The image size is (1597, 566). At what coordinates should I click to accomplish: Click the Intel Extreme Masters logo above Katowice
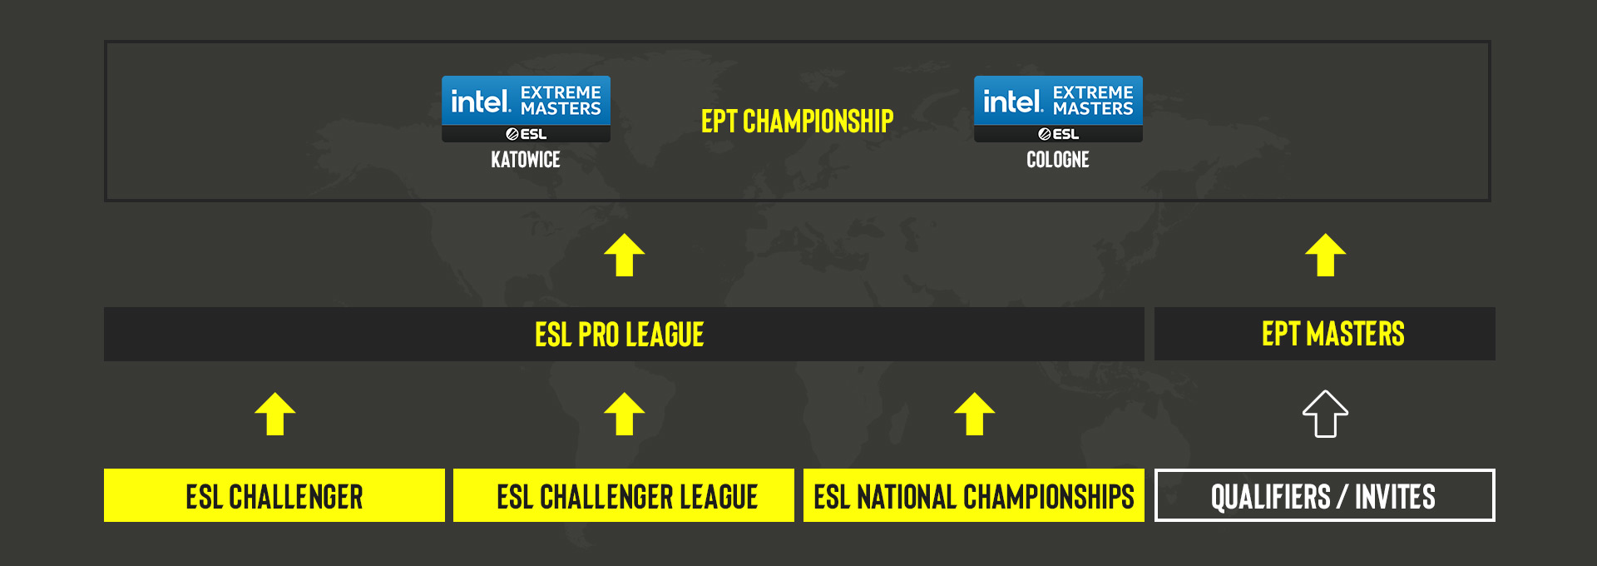[x=526, y=109]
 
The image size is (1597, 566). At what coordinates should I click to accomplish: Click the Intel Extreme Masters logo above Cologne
[x=1058, y=109]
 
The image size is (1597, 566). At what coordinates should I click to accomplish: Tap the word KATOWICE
[x=526, y=160]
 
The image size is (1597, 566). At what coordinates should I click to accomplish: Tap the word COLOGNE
[x=1058, y=160]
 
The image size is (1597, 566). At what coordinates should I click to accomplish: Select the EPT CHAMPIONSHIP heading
[x=797, y=122]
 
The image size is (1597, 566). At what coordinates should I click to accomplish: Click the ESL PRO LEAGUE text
[x=620, y=335]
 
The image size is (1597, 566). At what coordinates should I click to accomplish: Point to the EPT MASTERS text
[x=1332, y=335]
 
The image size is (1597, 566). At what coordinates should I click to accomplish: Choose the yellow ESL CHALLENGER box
[x=274, y=495]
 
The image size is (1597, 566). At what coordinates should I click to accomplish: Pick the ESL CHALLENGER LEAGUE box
[x=624, y=495]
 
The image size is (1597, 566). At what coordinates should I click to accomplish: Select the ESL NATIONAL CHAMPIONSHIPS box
[x=974, y=495]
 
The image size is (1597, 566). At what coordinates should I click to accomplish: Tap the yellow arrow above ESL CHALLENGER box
[x=275, y=415]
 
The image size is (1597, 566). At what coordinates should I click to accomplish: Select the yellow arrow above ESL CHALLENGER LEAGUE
[x=625, y=415]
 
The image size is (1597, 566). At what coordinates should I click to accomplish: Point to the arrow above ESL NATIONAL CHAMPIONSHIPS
[x=975, y=415]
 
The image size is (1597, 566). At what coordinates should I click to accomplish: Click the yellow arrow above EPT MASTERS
[x=1326, y=256]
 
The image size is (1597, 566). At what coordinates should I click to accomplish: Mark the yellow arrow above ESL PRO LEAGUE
[x=625, y=256]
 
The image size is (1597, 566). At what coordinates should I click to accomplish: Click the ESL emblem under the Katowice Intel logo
[x=526, y=134]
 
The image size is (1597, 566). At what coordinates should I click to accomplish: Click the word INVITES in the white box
[x=1395, y=498]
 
